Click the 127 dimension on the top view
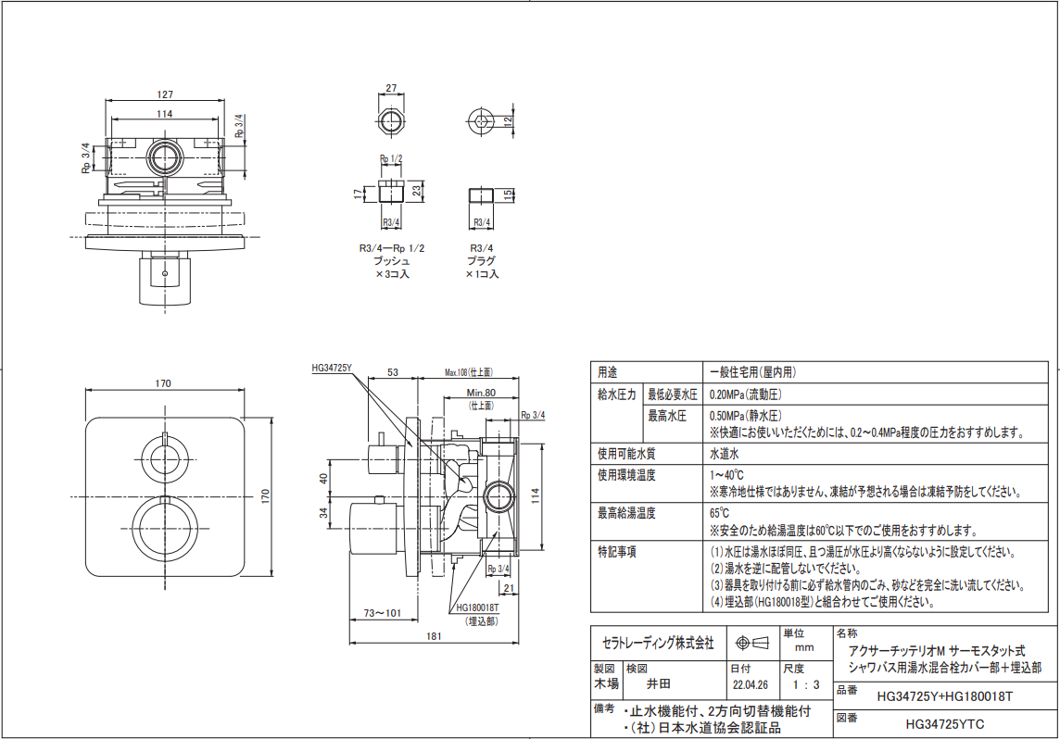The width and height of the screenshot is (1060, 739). pyautogui.click(x=165, y=94)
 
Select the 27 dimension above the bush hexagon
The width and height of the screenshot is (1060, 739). pyautogui.click(x=391, y=88)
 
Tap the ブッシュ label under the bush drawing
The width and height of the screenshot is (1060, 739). pyautogui.click(x=391, y=261)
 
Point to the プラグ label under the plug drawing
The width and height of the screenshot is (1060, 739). pyautogui.click(x=481, y=261)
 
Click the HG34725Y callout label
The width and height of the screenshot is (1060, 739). pyautogui.click(x=332, y=369)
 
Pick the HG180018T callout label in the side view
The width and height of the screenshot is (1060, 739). pyautogui.click(x=477, y=607)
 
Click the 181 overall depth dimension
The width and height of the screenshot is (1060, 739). pyautogui.click(x=434, y=635)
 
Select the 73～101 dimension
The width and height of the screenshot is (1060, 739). pyautogui.click(x=383, y=613)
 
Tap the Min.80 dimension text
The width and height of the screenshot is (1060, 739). pyautogui.click(x=481, y=393)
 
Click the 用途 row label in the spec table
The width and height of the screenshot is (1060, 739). pyautogui.click(x=608, y=372)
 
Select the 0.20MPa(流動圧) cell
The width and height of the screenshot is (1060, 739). pyautogui.click(x=746, y=395)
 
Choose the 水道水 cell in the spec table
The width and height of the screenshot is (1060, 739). pyautogui.click(x=724, y=454)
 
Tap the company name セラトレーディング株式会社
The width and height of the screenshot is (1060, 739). pyautogui.click(x=658, y=644)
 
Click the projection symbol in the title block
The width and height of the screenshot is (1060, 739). pyautogui.click(x=751, y=643)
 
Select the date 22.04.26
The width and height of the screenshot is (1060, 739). pyautogui.click(x=751, y=685)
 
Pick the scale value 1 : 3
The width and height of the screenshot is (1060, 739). pyautogui.click(x=806, y=685)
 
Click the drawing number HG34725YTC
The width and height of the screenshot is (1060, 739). pyautogui.click(x=945, y=725)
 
